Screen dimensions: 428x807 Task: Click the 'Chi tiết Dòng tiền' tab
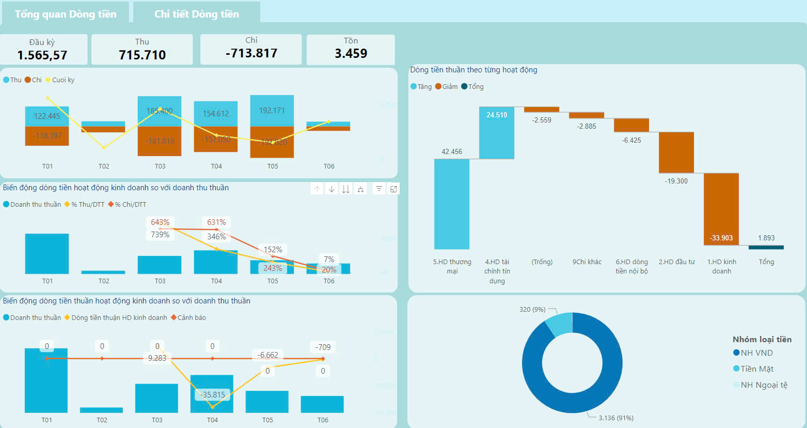click(x=197, y=14)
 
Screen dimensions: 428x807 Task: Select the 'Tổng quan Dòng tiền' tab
click(x=66, y=14)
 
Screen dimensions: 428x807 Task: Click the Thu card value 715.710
click(x=142, y=55)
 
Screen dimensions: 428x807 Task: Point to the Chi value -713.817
click(x=251, y=53)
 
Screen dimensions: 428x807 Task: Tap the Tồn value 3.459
click(x=351, y=53)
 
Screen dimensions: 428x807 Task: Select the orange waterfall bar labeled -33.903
click(x=721, y=209)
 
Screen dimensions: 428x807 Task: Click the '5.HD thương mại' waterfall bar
click(x=452, y=204)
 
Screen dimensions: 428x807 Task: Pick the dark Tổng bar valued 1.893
click(x=766, y=247)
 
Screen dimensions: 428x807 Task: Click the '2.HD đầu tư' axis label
click(x=676, y=262)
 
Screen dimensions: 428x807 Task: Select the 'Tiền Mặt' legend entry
click(x=757, y=369)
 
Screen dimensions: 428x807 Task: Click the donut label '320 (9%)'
click(x=532, y=310)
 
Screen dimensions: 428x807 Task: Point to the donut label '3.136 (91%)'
click(x=616, y=418)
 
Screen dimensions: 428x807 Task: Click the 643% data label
click(x=160, y=222)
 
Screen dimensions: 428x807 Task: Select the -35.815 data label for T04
click(x=213, y=395)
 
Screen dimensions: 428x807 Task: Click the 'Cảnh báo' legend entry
click(x=191, y=318)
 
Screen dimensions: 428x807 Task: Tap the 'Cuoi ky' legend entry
click(x=63, y=80)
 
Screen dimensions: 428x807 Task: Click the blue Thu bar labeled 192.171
click(x=272, y=111)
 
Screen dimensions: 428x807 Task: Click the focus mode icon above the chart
click(x=393, y=189)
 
